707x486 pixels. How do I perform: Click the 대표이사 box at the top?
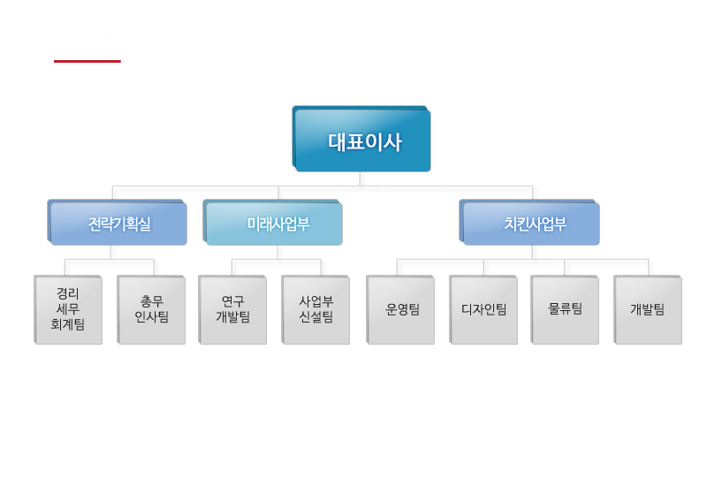361,140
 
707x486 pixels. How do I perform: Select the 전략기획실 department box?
117,223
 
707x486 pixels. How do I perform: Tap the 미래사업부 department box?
272,223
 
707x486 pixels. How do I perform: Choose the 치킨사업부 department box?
529,223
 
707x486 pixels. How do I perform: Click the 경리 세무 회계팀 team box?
68,309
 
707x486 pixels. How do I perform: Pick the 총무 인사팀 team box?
151,309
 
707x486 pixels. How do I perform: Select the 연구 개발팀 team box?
232,309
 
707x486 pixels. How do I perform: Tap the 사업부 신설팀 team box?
315,309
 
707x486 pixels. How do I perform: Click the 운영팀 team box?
400,309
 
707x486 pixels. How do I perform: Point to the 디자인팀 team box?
483,309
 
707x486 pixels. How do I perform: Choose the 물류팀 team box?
565,309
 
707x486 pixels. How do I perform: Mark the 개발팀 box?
648,309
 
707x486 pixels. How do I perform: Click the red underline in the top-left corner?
87,61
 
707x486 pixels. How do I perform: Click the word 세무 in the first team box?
68,309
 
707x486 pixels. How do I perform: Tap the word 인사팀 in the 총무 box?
151,317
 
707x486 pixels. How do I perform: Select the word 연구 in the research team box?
232,301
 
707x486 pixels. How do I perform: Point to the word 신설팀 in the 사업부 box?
315,317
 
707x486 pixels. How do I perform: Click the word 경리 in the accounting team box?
68,292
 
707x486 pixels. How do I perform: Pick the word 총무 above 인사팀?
151,301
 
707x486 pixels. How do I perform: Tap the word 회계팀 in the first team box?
68,325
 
